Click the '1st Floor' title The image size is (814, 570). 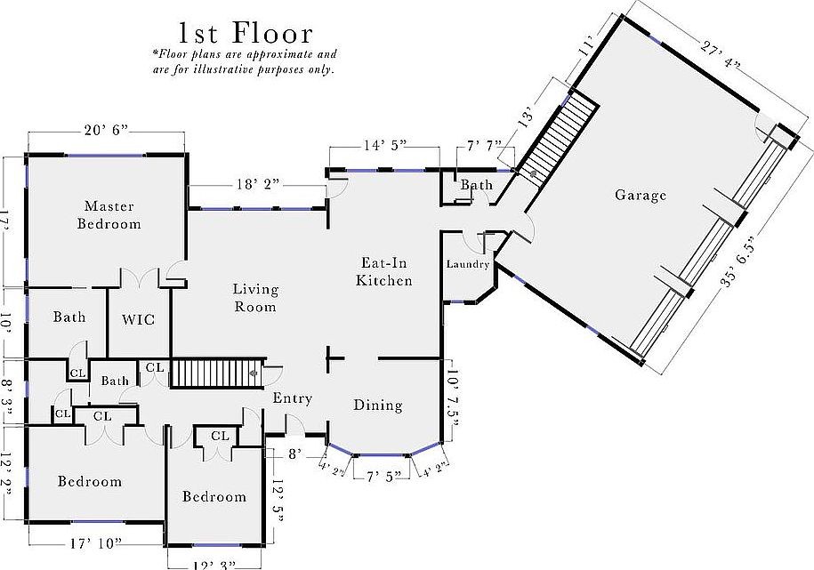(x=246, y=34)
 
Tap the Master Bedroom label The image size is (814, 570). (x=109, y=215)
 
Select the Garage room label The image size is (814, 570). (x=641, y=195)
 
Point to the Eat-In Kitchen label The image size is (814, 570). (x=384, y=271)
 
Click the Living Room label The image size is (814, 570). (x=255, y=298)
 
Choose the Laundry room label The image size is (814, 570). (x=468, y=264)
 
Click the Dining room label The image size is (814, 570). (x=378, y=405)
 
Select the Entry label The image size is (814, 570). (x=292, y=398)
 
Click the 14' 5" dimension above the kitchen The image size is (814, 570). (x=384, y=145)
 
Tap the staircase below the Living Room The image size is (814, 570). (x=214, y=373)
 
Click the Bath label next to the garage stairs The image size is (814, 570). (x=476, y=185)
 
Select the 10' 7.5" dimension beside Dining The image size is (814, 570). (x=455, y=402)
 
